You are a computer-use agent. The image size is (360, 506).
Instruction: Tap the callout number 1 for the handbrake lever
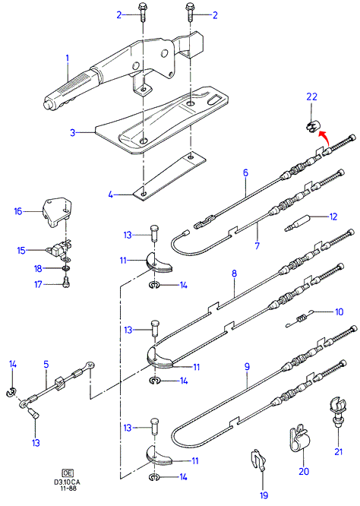point(68,59)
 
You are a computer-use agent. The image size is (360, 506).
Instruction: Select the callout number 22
point(311,96)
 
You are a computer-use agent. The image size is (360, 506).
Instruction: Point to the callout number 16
point(18,211)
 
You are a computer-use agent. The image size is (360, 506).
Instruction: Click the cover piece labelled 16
point(57,212)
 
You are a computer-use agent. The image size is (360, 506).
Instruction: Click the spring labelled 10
point(300,319)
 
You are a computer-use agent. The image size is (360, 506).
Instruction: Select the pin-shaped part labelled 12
point(297,223)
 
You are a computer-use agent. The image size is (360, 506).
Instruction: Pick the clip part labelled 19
point(259,460)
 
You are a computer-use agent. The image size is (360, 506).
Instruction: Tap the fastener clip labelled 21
point(337,413)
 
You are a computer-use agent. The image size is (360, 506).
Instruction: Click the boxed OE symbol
point(68,473)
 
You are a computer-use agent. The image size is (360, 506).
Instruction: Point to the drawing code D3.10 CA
point(68,482)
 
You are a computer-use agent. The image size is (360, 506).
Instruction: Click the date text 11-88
point(68,488)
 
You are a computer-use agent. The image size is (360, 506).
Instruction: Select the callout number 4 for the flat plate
point(111,194)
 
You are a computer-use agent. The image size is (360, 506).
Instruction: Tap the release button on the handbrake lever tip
point(47,105)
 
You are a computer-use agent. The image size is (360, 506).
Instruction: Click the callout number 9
point(247,367)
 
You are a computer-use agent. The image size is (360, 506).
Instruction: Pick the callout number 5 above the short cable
point(46,365)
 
